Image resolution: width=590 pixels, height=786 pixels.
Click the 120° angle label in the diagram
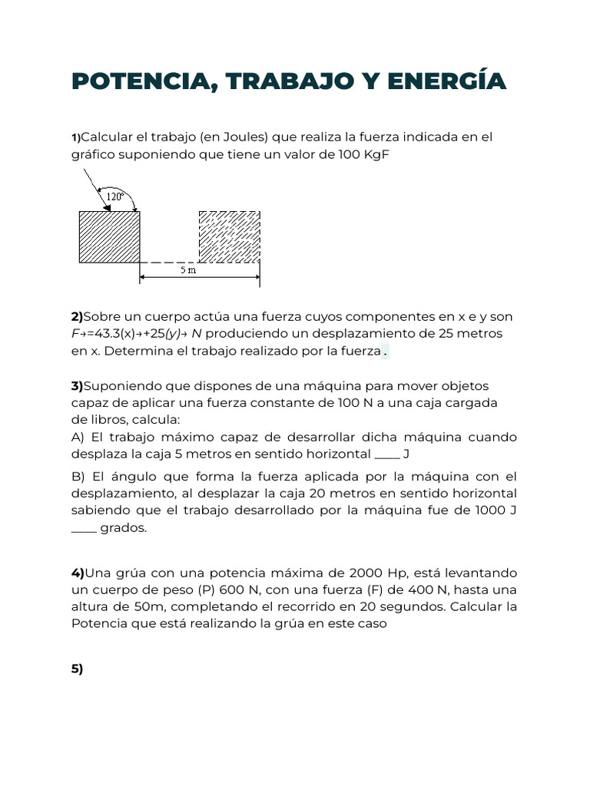click(x=115, y=196)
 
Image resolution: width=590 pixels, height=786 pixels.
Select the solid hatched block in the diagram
click(x=109, y=236)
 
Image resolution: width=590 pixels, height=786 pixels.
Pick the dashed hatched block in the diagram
click(x=229, y=236)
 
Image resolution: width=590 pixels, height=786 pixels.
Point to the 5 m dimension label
click(x=188, y=270)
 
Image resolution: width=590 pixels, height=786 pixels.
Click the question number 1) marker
click(x=75, y=137)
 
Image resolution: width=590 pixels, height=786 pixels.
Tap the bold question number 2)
click(x=77, y=317)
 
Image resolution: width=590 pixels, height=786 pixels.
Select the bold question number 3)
click(x=77, y=386)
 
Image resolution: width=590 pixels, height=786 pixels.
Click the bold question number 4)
click(x=78, y=573)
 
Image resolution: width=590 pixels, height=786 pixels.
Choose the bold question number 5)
click(x=77, y=669)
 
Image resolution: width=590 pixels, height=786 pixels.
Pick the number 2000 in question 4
click(x=366, y=573)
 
